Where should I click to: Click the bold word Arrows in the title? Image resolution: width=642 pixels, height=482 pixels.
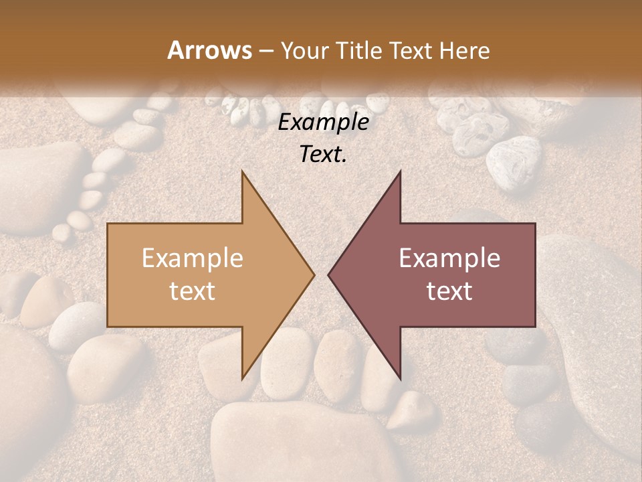[x=209, y=50]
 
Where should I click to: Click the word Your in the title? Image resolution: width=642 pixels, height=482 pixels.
[x=302, y=50]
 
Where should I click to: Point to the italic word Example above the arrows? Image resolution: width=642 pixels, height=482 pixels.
[x=323, y=123]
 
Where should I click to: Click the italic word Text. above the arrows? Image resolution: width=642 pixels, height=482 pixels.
[x=323, y=155]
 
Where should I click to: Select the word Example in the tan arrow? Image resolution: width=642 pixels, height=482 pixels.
[x=192, y=258]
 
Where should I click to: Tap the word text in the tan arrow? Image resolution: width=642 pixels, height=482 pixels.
[x=192, y=291]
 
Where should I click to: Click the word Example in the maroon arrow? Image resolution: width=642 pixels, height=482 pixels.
[x=449, y=258]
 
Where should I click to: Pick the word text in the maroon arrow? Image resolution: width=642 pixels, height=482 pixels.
[x=449, y=291]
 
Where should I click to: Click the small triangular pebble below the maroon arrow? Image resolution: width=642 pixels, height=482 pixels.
[x=413, y=410]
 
